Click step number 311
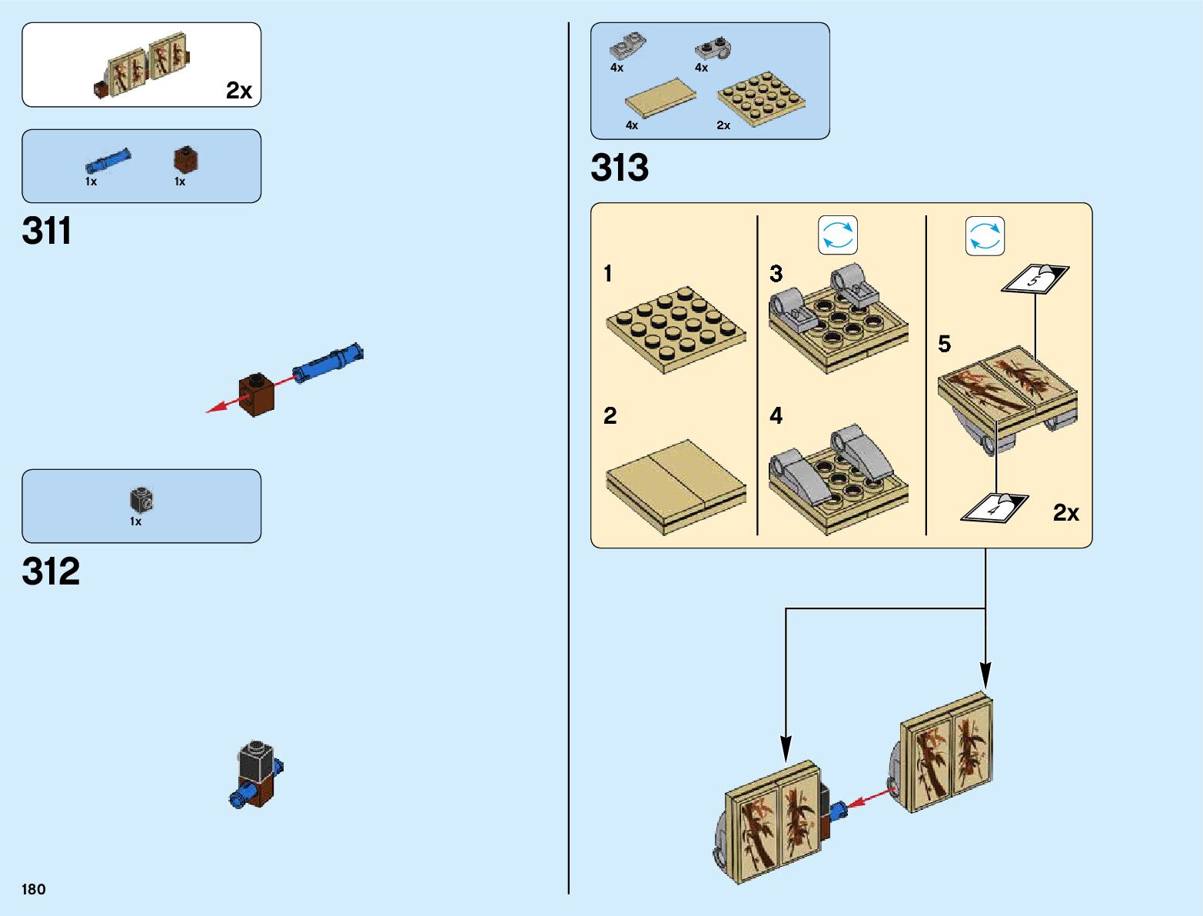[47, 231]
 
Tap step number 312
[51, 571]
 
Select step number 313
[620, 168]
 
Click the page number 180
[34, 889]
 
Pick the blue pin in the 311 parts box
[107, 162]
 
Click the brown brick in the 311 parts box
[186, 160]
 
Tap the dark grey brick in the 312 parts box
[141, 501]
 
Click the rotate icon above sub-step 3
[838, 235]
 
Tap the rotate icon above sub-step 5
[985, 236]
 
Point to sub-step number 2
[610, 416]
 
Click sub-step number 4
[776, 416]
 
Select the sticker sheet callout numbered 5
[1035, 279]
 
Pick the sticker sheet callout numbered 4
[995, 508]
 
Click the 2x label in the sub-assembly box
[1065, 512]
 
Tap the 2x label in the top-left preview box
[239, 91]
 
